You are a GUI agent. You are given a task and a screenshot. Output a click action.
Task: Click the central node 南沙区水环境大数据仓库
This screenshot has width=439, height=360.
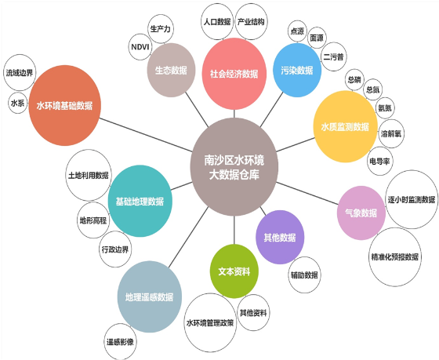[234, 167]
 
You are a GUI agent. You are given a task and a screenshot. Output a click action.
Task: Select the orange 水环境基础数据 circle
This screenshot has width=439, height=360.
[64, 106]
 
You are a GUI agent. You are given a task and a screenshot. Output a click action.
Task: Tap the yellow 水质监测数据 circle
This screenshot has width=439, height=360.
[345, 126]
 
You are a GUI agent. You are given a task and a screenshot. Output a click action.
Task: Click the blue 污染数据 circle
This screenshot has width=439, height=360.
[297, 70]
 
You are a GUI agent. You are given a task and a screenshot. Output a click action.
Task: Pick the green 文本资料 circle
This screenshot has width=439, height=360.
[234, 271]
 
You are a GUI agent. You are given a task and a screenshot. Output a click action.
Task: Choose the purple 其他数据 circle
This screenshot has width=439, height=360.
[280, 238]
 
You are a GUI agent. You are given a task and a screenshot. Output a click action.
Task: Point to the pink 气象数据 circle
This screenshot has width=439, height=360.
[361, 213]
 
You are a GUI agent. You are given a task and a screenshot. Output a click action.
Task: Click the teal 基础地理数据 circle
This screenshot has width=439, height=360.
[140, 201]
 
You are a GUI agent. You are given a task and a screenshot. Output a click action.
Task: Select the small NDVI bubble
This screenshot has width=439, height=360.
[140, 47]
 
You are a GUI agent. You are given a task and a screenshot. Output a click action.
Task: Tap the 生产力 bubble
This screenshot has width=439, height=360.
[161, 29]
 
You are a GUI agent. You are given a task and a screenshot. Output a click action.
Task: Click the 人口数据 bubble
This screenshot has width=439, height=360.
[217, 22]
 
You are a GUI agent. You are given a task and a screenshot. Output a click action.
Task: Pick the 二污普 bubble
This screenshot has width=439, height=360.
[333, 57]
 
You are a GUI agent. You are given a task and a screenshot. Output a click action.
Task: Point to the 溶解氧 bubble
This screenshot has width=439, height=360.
[391, 133]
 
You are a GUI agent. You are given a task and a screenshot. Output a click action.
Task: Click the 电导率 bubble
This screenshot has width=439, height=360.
[380, 161]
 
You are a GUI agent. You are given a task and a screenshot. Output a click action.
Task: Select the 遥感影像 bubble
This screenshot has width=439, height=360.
[120, 342]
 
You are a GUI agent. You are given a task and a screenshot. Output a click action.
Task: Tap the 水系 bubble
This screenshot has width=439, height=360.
[17, 103]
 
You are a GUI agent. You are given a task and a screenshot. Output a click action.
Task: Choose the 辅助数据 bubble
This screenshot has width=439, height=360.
[305, 275]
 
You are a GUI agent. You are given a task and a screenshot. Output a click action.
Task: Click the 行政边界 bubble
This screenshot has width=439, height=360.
[115, 249]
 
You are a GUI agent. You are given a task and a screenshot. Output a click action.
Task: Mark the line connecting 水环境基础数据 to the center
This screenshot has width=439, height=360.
[146, 135]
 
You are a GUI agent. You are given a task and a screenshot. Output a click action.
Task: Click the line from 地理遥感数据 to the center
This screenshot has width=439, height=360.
[188, 237]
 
